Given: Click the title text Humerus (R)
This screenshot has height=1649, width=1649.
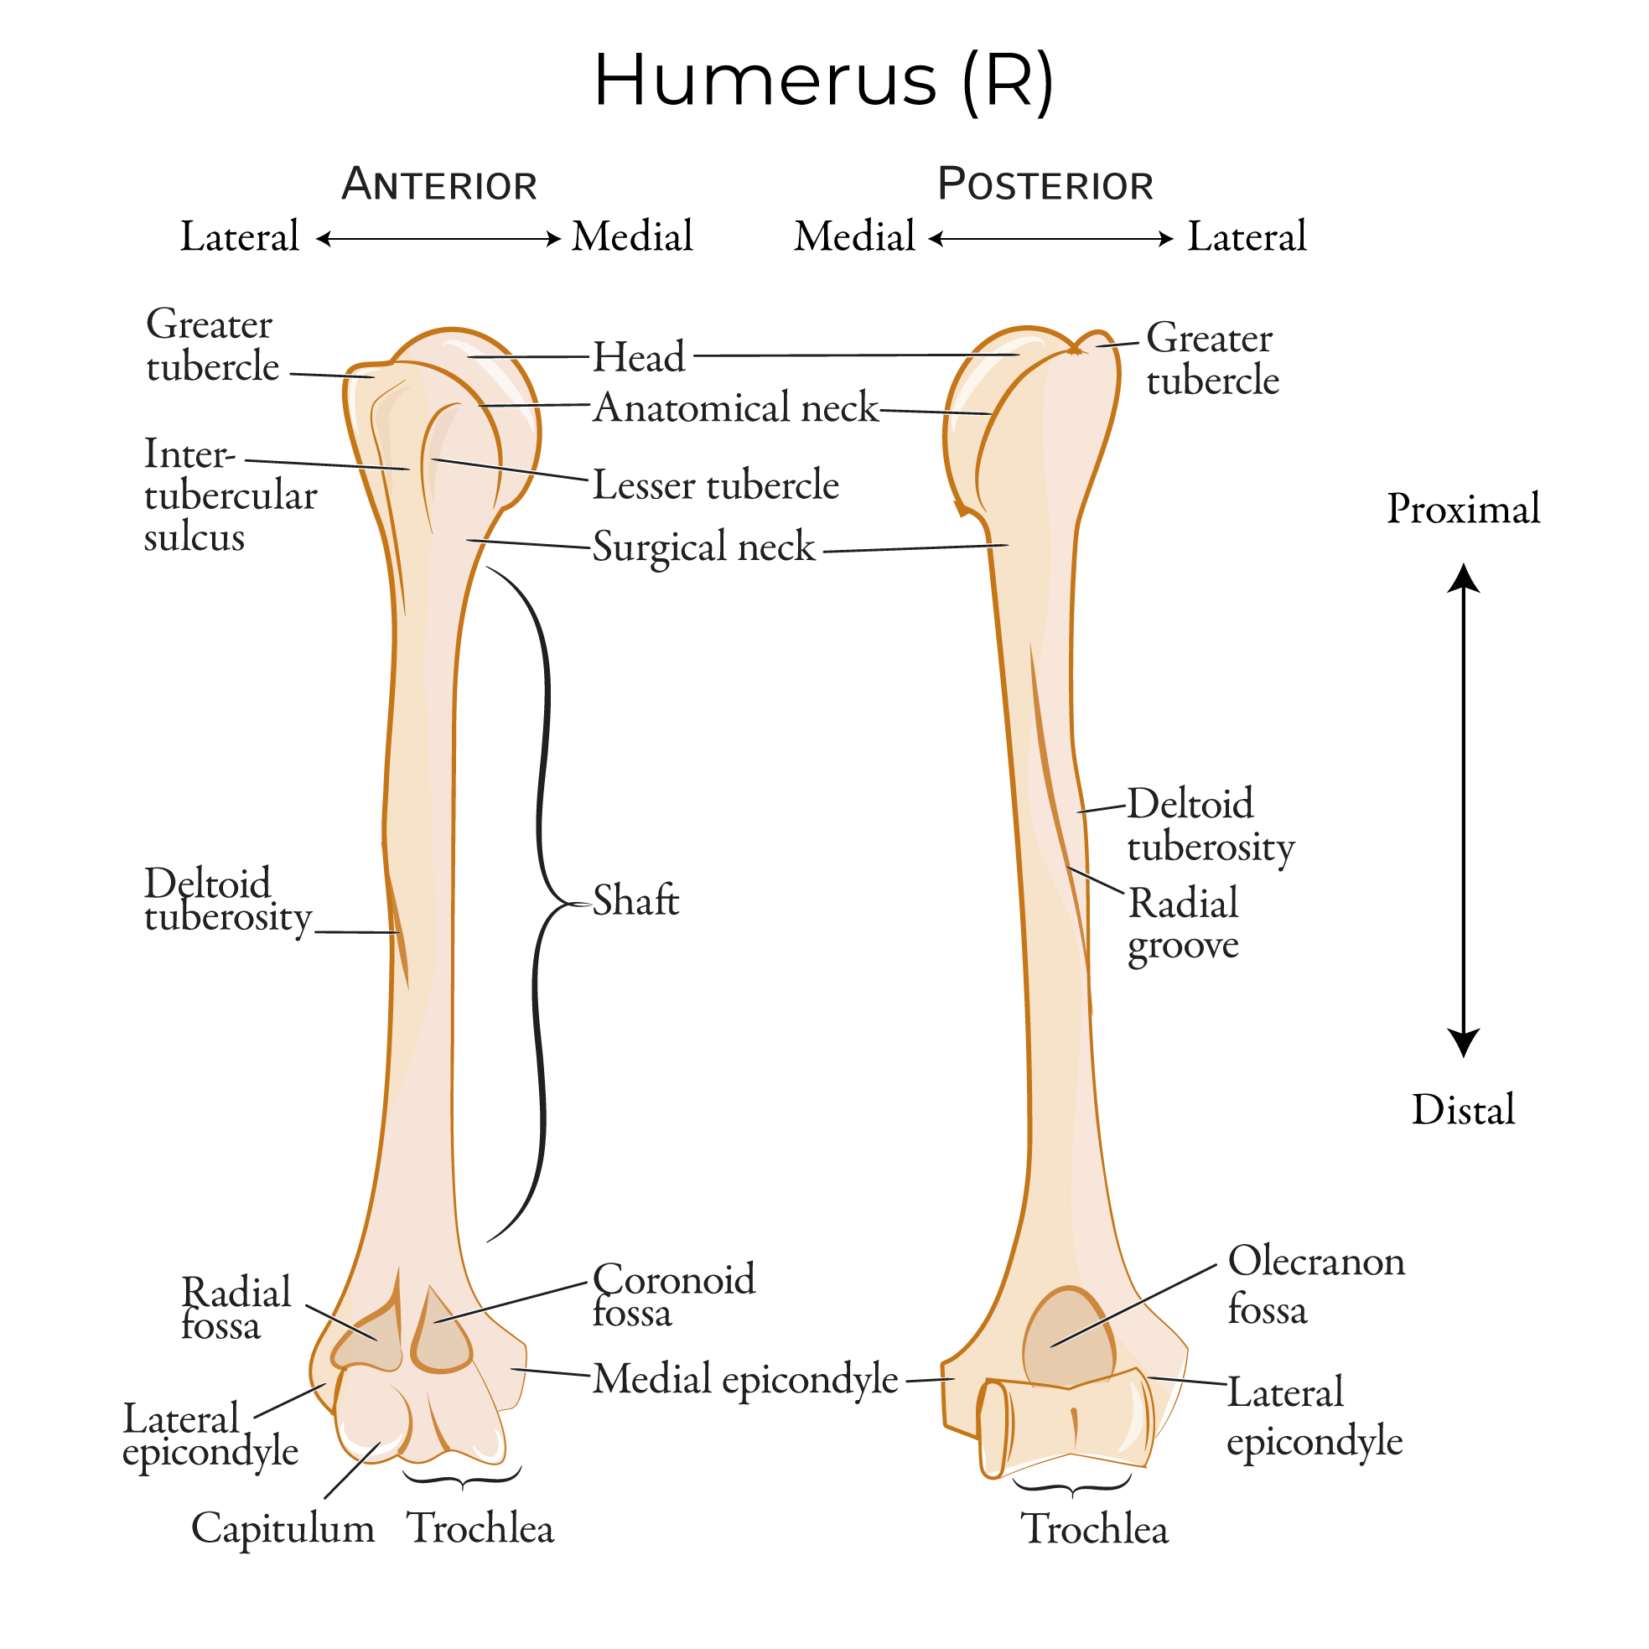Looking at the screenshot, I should point(823,81).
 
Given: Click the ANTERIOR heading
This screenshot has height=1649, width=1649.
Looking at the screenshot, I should point(438,184).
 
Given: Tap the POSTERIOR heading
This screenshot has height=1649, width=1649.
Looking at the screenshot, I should point(1045,184).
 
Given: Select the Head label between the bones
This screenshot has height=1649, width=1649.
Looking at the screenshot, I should point(639,357).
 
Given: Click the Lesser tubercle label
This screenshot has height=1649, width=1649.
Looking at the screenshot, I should point(715,485).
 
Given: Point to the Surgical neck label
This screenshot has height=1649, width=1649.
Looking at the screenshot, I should point(703,547).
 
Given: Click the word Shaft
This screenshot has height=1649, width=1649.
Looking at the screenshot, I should point(635,901).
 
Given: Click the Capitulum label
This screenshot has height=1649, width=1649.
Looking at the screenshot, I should point(283,1527).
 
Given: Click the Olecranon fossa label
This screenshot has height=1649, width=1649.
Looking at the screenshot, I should point(1315,1284).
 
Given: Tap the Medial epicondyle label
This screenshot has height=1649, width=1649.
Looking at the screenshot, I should point(745,1378).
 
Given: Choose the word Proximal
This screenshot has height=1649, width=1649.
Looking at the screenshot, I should point(1463,510).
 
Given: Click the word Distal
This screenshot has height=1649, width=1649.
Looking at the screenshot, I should point(1463,1111).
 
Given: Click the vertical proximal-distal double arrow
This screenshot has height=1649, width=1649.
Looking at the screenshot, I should point(1463,811).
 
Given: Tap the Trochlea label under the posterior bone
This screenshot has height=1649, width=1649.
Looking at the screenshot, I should point(1094,1528).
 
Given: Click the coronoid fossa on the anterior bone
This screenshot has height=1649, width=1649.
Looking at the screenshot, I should point(439,1335).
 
